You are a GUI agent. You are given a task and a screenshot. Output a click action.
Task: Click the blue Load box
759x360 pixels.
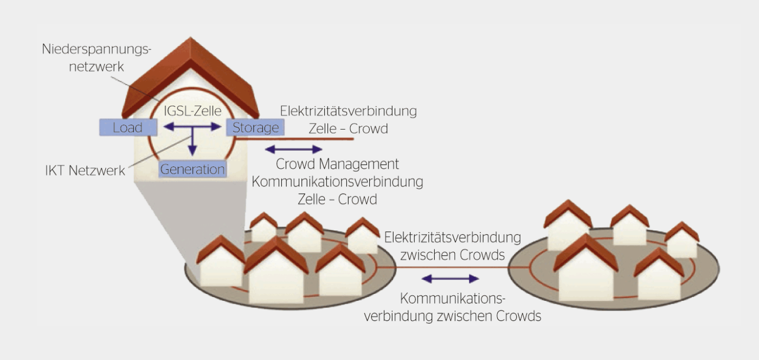[x=128, y=127]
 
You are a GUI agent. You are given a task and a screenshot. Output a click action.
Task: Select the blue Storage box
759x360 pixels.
[x=255, y=127]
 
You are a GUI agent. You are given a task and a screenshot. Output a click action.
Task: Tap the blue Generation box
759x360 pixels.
[x=192, y=169]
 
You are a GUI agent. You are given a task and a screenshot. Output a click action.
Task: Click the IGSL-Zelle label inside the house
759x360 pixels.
[x=192, y=112]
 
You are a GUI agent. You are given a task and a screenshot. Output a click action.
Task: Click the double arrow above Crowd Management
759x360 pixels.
[x=293, y=149]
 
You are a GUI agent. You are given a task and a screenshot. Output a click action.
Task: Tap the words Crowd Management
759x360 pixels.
[x=337, y=164]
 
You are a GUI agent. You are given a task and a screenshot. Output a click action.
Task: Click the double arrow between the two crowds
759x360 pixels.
[x=450, y=279]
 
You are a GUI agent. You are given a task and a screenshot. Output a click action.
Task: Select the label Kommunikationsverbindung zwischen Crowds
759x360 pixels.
[x=453, y=307]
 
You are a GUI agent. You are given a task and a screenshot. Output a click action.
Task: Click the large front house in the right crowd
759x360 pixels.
[x=586, y=271]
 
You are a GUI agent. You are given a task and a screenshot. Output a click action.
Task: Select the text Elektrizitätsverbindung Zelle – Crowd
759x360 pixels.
[x=349, y=120]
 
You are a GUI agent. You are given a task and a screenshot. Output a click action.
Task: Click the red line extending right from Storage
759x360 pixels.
[x=304, y=139]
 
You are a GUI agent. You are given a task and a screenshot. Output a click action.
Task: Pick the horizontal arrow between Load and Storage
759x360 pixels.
[x=192, y=127]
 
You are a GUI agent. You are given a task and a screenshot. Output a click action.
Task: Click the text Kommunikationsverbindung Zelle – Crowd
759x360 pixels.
[x=337, y=190]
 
